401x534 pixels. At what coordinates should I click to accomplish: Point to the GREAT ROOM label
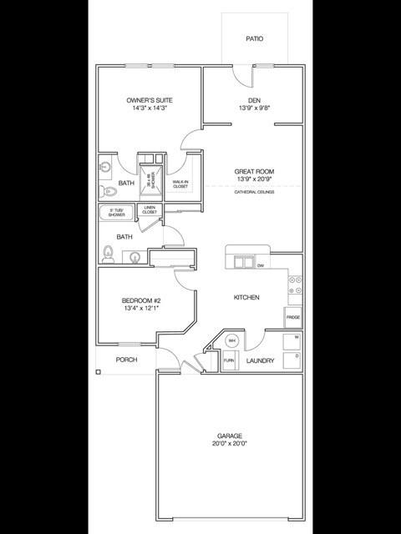254,172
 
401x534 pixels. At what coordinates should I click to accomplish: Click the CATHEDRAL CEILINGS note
254,192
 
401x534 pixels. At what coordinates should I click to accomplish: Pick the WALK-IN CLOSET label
180,184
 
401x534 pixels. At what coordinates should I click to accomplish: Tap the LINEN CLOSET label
150,209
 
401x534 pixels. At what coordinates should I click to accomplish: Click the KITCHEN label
246,297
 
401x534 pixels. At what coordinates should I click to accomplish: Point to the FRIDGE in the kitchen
293,317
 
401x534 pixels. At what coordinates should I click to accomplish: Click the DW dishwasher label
261,265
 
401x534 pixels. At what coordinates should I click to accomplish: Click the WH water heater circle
232,341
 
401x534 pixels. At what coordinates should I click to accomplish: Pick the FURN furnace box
228,360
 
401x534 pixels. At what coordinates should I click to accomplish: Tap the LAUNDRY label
261,360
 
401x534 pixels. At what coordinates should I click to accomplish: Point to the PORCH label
127,360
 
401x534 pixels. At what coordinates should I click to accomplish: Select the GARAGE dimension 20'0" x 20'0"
230,444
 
